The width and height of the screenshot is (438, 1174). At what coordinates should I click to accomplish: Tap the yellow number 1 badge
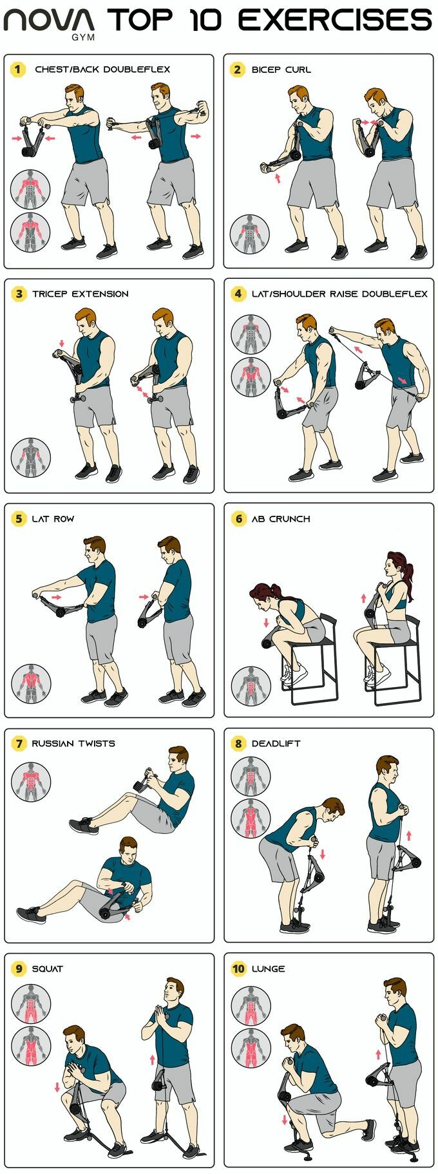click(17, 69)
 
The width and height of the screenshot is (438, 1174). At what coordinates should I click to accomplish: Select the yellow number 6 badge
click(238, 518)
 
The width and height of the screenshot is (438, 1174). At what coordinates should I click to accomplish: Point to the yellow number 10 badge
click(238, 968)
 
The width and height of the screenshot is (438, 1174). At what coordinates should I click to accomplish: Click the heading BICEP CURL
click(281, 70)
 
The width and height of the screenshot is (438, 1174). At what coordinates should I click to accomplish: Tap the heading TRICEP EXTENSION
click(81, 294)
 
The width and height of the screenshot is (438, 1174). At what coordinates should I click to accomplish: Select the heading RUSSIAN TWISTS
click(73, 743)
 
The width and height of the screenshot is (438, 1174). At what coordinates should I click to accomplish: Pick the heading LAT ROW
click(53, 518)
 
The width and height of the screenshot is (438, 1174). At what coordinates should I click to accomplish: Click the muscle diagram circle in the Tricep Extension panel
click(30, 458)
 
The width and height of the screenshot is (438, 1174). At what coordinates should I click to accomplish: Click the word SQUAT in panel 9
click(48, 969)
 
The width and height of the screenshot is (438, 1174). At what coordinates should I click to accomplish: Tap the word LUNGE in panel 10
click(268, 969)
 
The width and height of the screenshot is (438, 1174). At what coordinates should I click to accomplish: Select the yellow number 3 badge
click(19, 294)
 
